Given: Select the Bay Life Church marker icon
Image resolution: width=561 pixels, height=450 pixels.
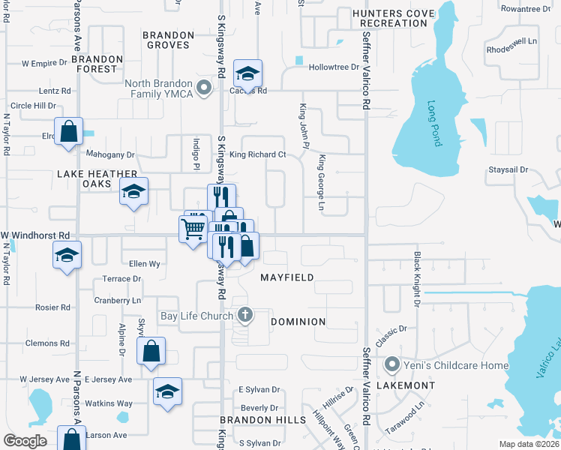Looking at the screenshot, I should pyautogui.click(x=244, y=316).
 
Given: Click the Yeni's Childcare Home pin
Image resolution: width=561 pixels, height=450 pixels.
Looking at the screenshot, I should pyautogui.click(x=391, y=365).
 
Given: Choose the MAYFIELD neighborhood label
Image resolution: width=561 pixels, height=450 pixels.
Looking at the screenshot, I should pyautogui.click(x=286, y=277).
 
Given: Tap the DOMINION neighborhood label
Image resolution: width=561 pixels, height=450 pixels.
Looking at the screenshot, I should pyautogui.click(x=298, y=322).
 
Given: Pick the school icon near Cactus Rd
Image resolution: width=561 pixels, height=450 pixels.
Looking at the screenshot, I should pyautogui.click(x=247, y=73).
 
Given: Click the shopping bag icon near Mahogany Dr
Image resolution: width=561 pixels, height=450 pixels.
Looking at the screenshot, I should pyautogui.click(x=68, y=131).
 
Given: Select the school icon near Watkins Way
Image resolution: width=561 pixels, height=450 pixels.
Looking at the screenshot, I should pyautogui.click(x=167, y=390).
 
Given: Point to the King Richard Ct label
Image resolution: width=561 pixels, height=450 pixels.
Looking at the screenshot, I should pyautogui.click(x=257, y=155).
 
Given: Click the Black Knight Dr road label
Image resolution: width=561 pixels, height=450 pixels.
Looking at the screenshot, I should pyautogui.click(x=417, y=278).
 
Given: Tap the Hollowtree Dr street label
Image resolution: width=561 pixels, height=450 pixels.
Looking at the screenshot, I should pyautogui.click(x=334, y=67).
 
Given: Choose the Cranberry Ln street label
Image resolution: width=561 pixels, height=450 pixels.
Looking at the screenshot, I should pyautogui.click(x=118, y=300).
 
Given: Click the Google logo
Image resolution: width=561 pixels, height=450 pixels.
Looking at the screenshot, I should pyautogui.click(x=25, y=440).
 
